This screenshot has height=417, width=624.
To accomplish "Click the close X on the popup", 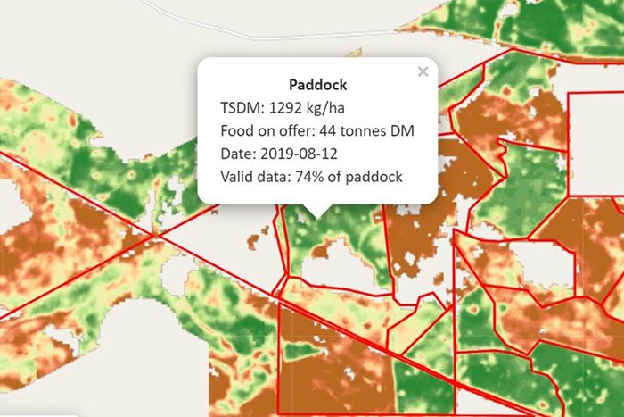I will (423, 71).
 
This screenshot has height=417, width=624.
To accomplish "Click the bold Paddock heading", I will (318, 86).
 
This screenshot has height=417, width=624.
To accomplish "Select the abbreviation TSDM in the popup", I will (241, 108).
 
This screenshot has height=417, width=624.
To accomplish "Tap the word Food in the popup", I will (237, 131).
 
